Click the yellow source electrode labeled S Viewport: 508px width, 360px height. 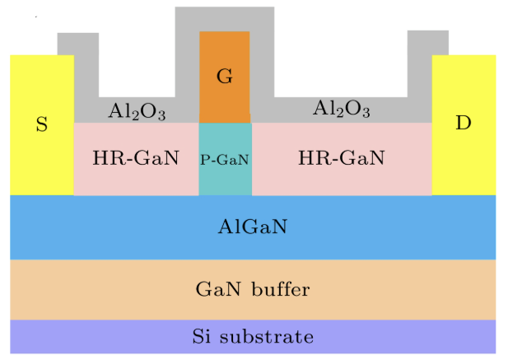coord(41,157)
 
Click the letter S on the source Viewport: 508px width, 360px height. coord(41,124)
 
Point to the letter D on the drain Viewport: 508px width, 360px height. coord(464,123)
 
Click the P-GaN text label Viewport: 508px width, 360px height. coord(225,159)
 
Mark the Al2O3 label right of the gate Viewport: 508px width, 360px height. coord(341,108)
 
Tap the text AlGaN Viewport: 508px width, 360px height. coord(253,227)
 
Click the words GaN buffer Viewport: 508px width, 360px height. coord(253,289)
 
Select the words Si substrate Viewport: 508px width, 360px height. coord(253,336)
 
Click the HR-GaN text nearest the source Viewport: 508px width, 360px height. coord(136,157)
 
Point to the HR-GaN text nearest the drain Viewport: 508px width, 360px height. coord(341,157)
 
